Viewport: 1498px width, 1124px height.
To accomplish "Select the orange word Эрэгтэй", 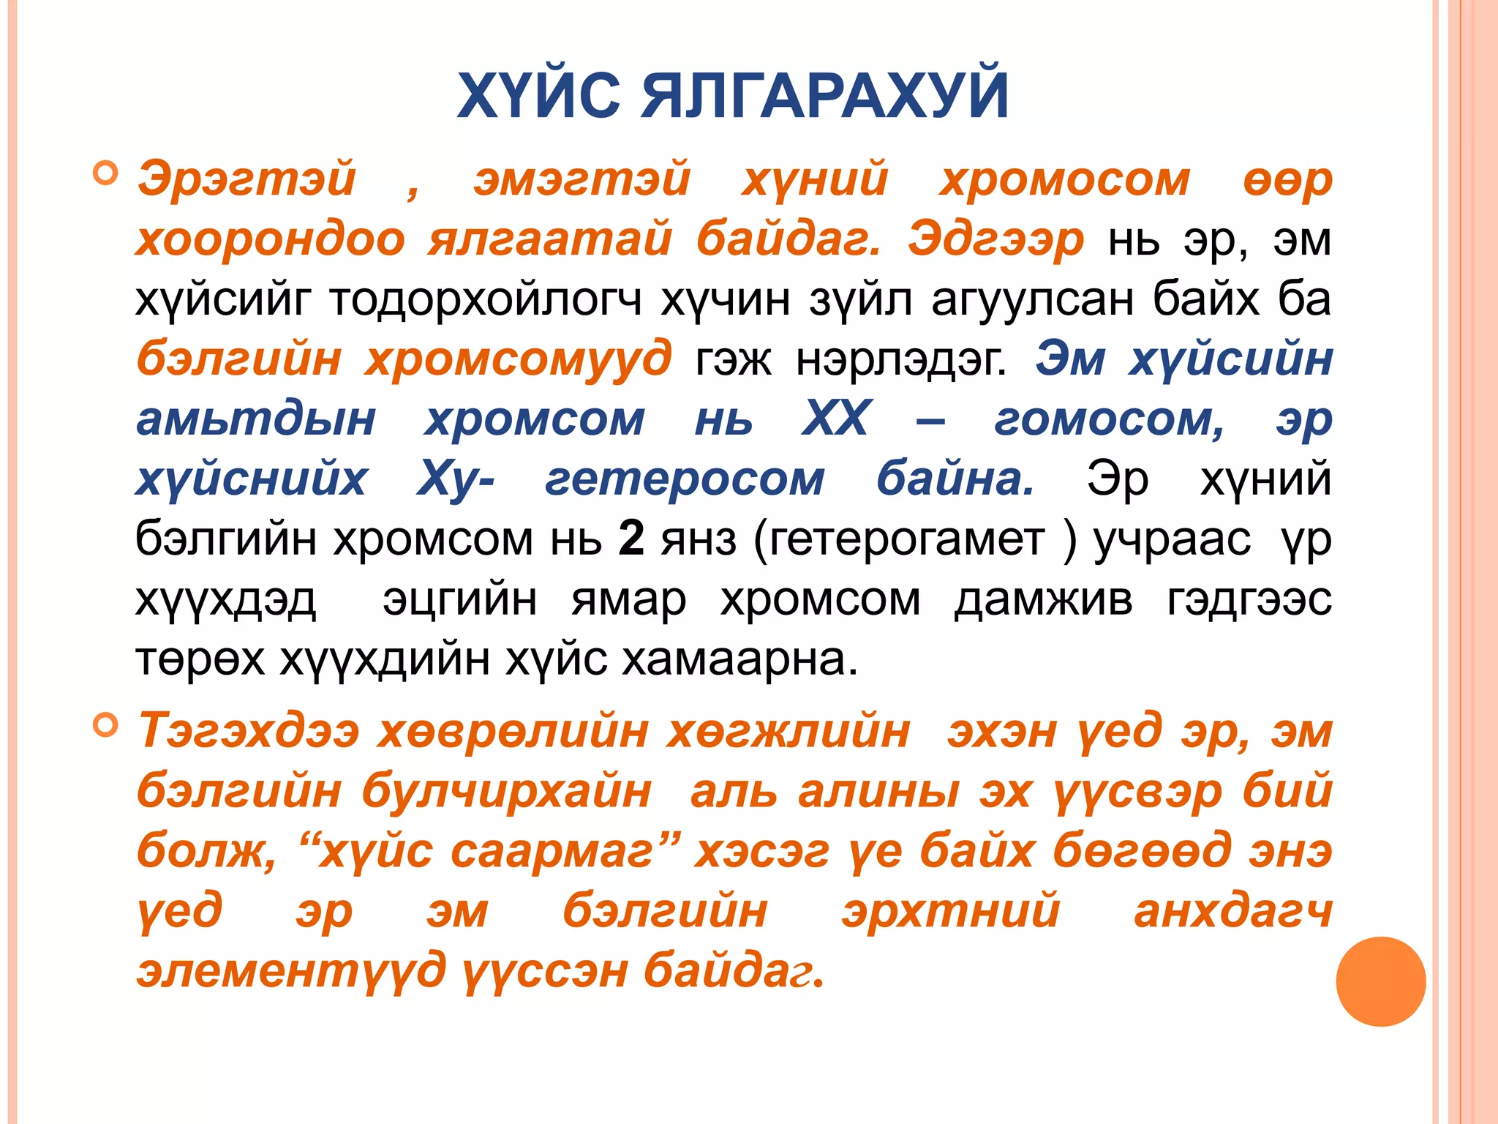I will point(246,179).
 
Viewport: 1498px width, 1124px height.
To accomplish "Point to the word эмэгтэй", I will point(581,179).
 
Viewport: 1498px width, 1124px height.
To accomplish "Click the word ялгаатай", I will point(549,239).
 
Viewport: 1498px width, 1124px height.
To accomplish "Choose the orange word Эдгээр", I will point(995,239).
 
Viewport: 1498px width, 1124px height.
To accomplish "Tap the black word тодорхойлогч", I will point(486,299).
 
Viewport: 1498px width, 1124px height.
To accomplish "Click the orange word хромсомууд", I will point(518,359).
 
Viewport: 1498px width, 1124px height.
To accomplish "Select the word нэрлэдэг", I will point(901,359).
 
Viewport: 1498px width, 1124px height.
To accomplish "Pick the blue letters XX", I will point(837,419).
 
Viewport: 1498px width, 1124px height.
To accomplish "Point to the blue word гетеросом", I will point(685,479).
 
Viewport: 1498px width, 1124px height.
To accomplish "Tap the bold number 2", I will point(631,539).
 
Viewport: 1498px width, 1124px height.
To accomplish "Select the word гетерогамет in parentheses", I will point(906,539).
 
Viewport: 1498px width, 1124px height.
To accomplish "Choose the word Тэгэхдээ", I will point(249,731).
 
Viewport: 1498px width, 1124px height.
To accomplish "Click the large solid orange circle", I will point(1380,981).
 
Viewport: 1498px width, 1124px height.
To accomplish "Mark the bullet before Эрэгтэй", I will point(106,174).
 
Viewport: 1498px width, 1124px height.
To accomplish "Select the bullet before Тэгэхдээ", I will point(106,725).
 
